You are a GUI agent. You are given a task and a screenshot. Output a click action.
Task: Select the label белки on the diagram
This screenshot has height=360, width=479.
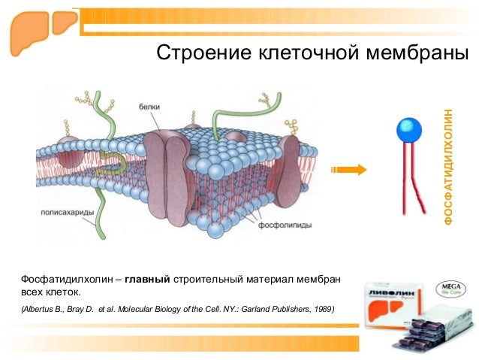(149, 107)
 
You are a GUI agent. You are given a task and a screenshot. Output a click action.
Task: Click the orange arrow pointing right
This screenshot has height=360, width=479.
(350, 170)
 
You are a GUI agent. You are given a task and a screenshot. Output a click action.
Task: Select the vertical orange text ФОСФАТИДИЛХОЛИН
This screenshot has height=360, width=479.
(448, 166)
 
